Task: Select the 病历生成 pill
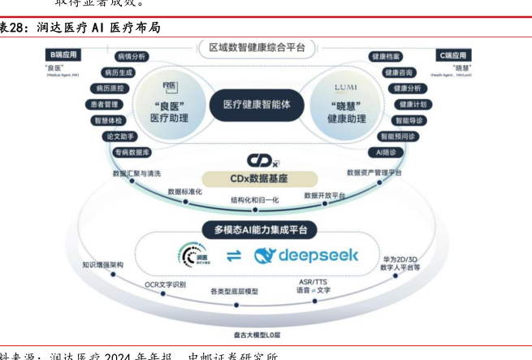(x=118, y=72)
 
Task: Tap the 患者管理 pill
(x=103, y=105)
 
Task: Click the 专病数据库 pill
(x=131, y=152)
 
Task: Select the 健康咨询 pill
(x=399, y=72)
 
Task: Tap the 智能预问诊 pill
(x=398, y=137)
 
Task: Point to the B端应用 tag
(x=63, y=55)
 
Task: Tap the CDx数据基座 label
(x=257, y=178)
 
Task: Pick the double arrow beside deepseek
(x=233, y=256)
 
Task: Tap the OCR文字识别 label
(x=166, y=284)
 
